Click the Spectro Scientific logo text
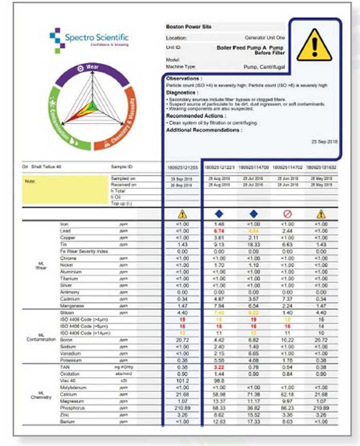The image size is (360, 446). click(96, 38)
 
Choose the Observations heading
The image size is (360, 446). click(184, 78)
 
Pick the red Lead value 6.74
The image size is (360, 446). click(220, 232)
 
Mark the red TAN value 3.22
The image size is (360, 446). click(220, 368)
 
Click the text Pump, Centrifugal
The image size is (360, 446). click(263, 66)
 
